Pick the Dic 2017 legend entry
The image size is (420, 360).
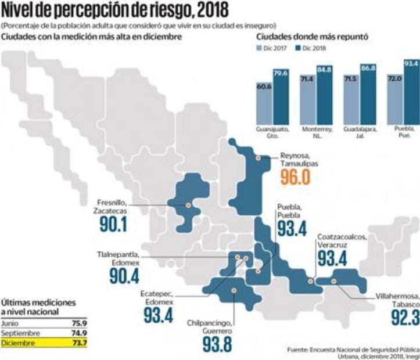tap(272, 49)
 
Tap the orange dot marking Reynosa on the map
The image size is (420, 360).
tap(258, 158)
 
